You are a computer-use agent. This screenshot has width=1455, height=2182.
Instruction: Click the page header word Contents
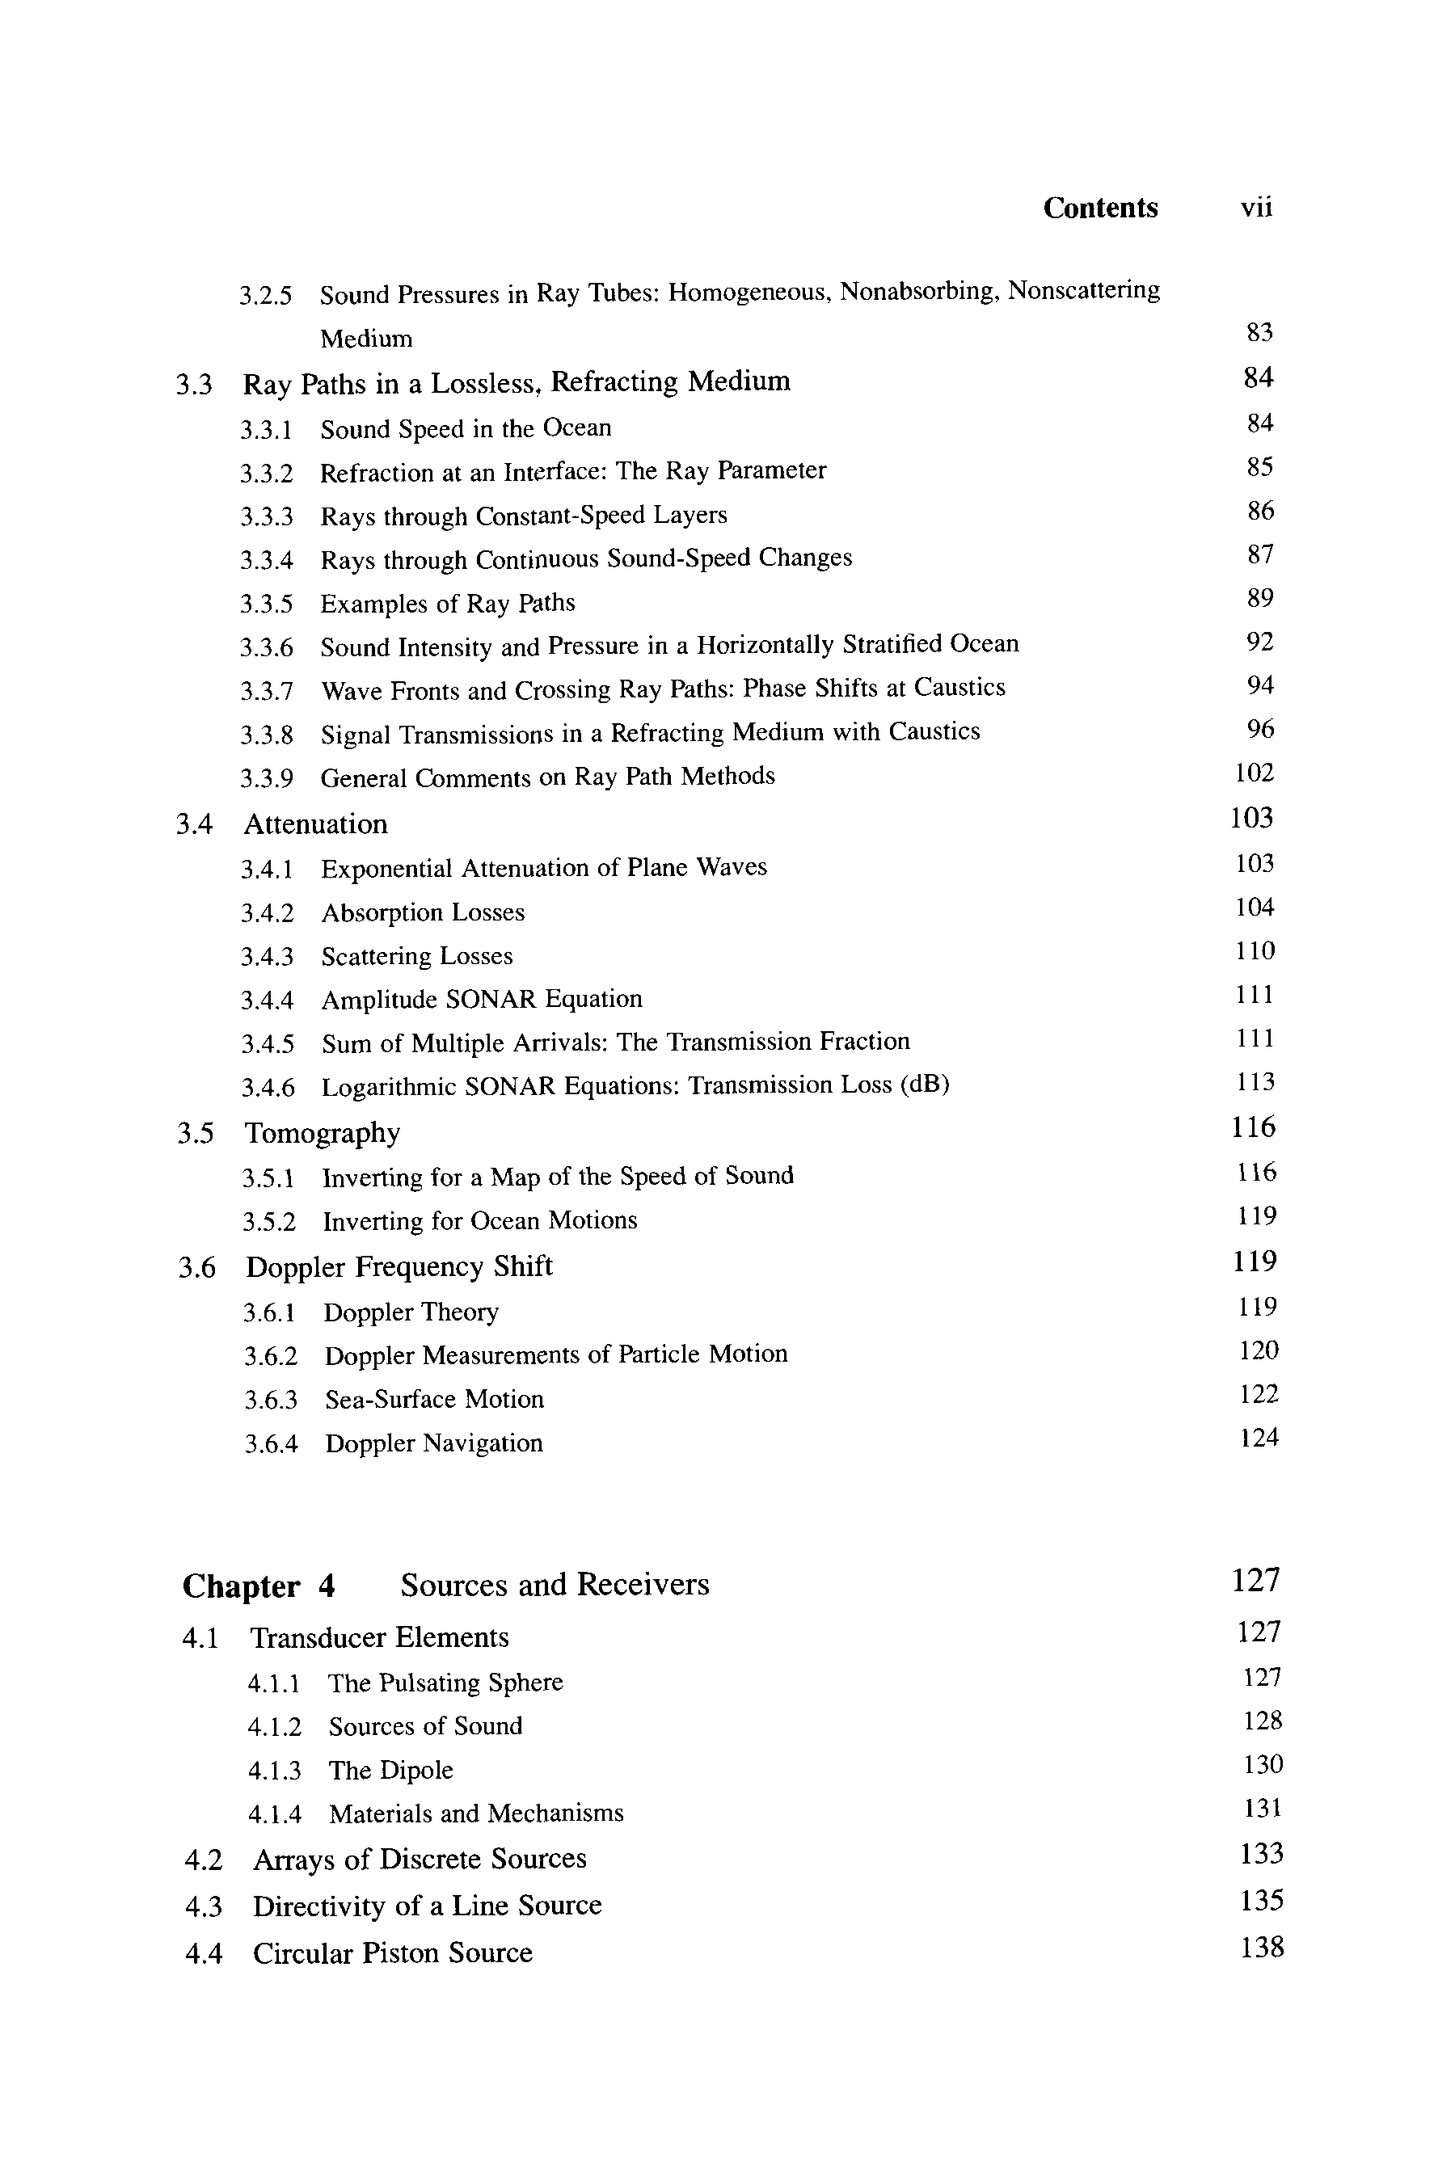(x=1099, y=208)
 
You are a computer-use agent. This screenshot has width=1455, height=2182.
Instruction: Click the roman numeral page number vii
(x=1256, y=208)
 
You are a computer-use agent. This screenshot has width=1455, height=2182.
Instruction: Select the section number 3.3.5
(x=266, y=604)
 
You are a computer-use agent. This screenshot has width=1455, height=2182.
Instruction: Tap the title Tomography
(x=322, y=1133)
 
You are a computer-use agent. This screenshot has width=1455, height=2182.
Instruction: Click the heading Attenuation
(x=315, y=824)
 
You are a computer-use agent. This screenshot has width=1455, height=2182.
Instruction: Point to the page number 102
(x=1255, y=773)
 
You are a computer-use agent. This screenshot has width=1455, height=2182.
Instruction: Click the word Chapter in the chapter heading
(x=241, y=1586)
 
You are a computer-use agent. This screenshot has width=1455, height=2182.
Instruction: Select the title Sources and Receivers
(x=554, y=1585)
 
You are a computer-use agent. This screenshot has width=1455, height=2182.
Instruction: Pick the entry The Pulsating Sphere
(x=445, y=1683)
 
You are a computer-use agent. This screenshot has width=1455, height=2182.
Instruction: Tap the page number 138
(x=1262, y=1948)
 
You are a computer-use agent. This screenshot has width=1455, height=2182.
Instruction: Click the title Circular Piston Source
(x=393, y=1952)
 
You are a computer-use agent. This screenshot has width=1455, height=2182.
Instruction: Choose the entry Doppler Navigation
(x=433, y=1443)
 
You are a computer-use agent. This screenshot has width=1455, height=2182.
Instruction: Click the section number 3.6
(x=196, y=1267)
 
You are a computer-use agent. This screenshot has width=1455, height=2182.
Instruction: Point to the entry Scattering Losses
(x=416, y=957)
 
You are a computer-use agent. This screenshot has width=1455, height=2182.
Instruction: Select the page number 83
(x=1259, y=332)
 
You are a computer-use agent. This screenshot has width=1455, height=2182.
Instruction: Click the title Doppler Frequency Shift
(x=399, y=1266)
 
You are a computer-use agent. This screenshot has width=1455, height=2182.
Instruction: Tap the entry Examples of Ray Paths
(x=447, y=604)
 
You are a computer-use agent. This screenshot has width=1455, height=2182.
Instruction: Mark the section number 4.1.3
(x=274, y=1771)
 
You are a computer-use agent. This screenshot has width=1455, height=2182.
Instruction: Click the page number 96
(x=1260, y=729)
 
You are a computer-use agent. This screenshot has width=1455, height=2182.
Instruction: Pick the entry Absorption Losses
(x=422, y=913)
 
